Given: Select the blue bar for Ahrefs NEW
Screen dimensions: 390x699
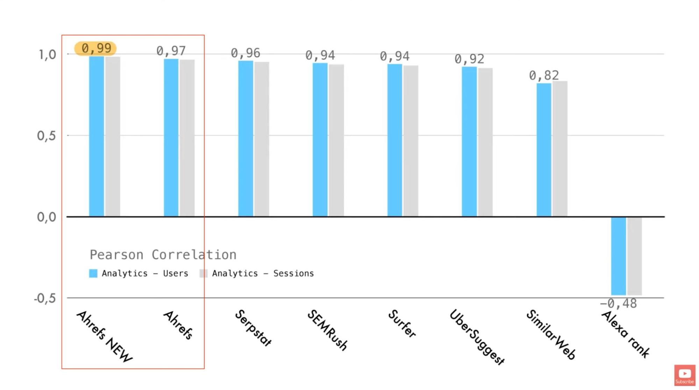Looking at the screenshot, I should (x=96, y=136).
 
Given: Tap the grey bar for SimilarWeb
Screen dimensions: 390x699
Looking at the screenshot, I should (x=560, y=149).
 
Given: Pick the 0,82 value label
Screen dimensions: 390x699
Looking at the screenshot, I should (x=544, y=75).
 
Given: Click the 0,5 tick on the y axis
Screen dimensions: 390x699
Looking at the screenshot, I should (x=47, y=136).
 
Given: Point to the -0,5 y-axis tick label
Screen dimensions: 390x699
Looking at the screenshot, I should (x=45, y=298).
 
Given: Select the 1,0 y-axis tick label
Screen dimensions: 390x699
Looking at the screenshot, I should (x=47, y=55).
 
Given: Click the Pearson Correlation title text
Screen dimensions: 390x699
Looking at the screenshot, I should (x=163, y=255).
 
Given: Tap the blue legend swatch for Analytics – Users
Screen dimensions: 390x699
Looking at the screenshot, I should (x=93, y=274).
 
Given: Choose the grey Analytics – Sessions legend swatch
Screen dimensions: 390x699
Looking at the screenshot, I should (x=203, y=274).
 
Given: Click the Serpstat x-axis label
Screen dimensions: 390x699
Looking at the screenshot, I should (x=253, y=328).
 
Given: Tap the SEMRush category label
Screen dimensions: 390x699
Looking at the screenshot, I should (x=327, y=329).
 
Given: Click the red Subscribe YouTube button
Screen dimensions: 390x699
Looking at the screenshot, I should (x=684, y=375).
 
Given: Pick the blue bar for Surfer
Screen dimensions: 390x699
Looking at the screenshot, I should (x=394, y=140).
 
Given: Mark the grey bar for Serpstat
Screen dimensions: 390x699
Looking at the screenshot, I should (x=262, y=139).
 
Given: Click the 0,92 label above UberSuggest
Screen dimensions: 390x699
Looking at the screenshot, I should (x=469, y=59).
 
